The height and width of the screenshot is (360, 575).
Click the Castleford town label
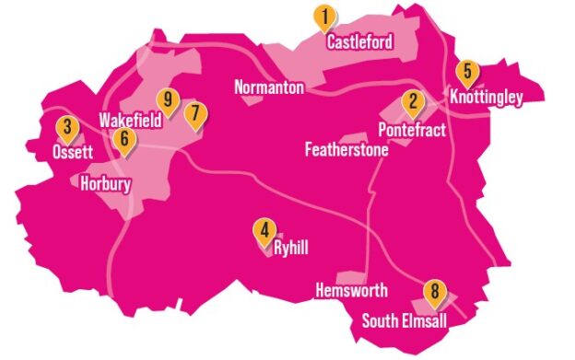(359, 42)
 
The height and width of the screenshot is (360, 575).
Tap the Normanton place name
(268, 87)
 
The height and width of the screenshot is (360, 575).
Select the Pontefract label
(412, 130)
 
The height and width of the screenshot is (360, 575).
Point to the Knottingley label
(486, 97)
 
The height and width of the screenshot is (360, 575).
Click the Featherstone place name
(346, 150)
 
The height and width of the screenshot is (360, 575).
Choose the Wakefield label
(130, 121)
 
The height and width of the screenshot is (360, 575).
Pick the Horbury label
(106, 183)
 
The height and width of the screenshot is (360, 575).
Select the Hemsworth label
(351, 291)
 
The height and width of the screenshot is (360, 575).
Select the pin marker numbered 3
(65, 129)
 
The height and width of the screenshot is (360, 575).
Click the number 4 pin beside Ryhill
(264, 232)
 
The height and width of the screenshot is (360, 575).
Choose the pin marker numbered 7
(194, 115)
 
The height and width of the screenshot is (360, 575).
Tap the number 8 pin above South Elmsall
(434, 295)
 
